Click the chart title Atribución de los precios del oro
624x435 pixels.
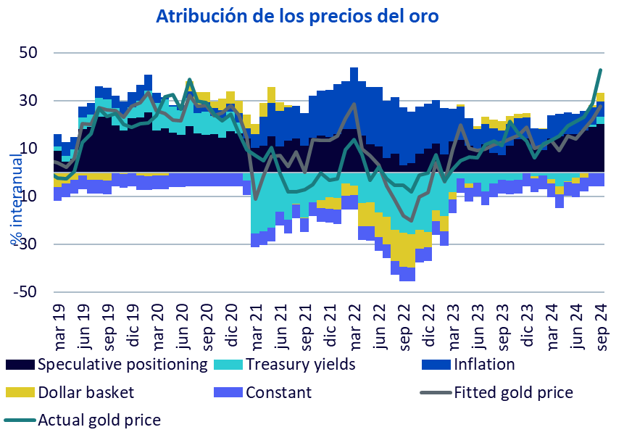297,16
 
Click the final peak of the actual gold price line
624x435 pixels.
601,70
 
